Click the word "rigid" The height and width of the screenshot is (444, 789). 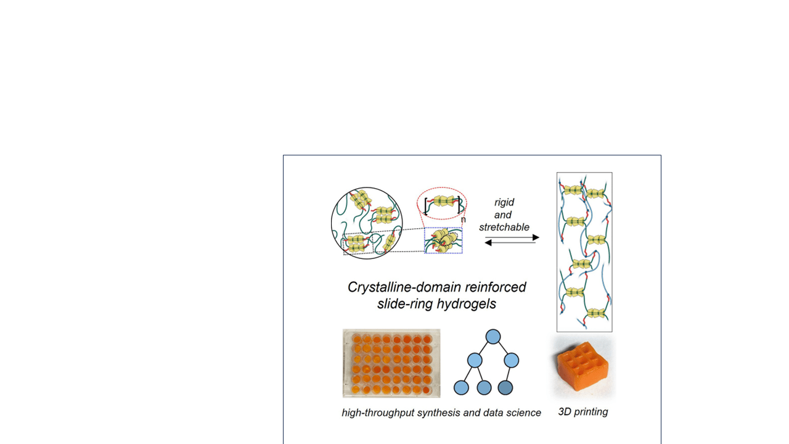point(504,203)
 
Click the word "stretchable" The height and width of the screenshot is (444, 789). point(504,228)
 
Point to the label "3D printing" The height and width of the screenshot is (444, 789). point(583,412)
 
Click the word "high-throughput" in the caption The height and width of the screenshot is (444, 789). point(378,413)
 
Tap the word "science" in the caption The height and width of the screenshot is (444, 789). point(524,413)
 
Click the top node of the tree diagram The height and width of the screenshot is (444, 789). point(493,337)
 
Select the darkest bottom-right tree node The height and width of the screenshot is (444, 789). point(505,388)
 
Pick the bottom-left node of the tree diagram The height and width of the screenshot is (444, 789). point(461,388)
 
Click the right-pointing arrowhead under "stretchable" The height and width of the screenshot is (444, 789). point(536,237)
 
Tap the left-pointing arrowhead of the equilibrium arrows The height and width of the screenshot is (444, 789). point(488,243)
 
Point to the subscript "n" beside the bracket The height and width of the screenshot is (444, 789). point(463,220)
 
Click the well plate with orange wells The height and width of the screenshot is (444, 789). point(391,363)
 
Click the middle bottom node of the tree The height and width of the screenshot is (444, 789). point(484,388)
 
